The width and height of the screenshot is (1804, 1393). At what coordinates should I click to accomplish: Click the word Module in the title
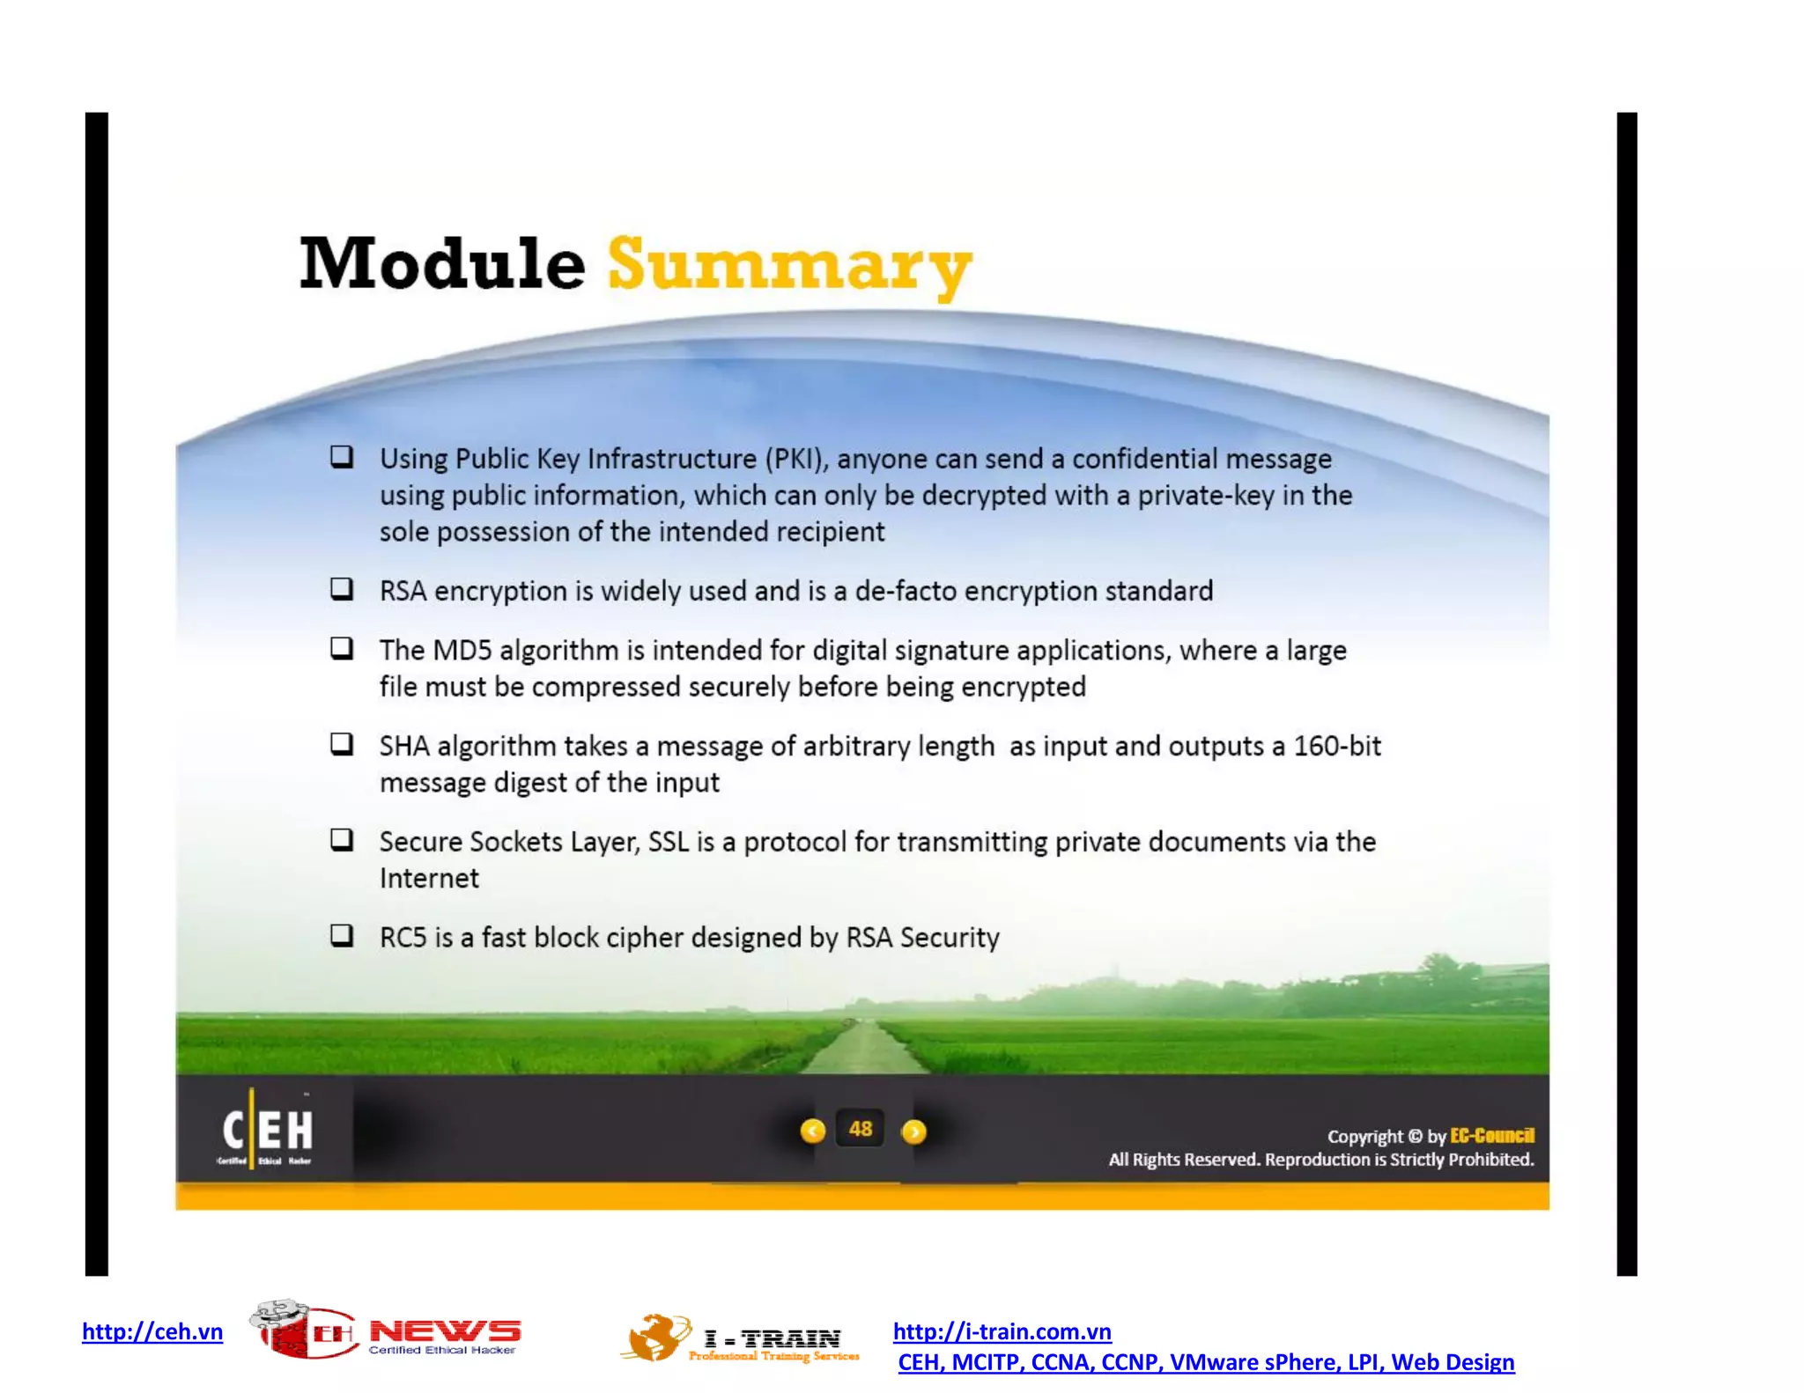pos(442,264)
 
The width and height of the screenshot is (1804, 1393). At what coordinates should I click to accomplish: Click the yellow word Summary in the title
pos(789,266)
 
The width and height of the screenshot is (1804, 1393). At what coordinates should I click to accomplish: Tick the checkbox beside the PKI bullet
pos(342,456)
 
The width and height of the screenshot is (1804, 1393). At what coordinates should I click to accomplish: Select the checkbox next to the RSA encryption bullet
pos(342,588)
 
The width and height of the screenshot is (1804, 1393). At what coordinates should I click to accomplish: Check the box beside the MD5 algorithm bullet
pos(342,648)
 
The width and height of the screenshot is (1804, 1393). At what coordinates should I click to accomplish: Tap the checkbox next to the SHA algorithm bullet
pos(342,744)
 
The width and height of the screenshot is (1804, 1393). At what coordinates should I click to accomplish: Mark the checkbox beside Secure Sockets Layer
pos(342,839)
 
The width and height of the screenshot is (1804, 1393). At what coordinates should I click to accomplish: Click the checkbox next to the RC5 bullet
pos(342,935)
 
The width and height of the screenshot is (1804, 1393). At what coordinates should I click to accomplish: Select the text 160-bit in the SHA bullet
pos(1337,747)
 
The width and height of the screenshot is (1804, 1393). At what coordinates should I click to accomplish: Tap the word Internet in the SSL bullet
pos(429,879)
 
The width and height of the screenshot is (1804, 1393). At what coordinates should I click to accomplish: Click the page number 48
pos(861,1130)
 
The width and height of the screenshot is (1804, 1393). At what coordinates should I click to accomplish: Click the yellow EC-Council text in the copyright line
pos(1491,1136)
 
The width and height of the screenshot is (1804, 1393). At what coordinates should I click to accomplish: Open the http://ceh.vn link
pos(152,1331)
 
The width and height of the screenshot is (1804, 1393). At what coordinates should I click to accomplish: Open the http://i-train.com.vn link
pos(1002,1331)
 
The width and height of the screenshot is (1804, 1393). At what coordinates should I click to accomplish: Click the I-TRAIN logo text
pos(773,1339)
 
